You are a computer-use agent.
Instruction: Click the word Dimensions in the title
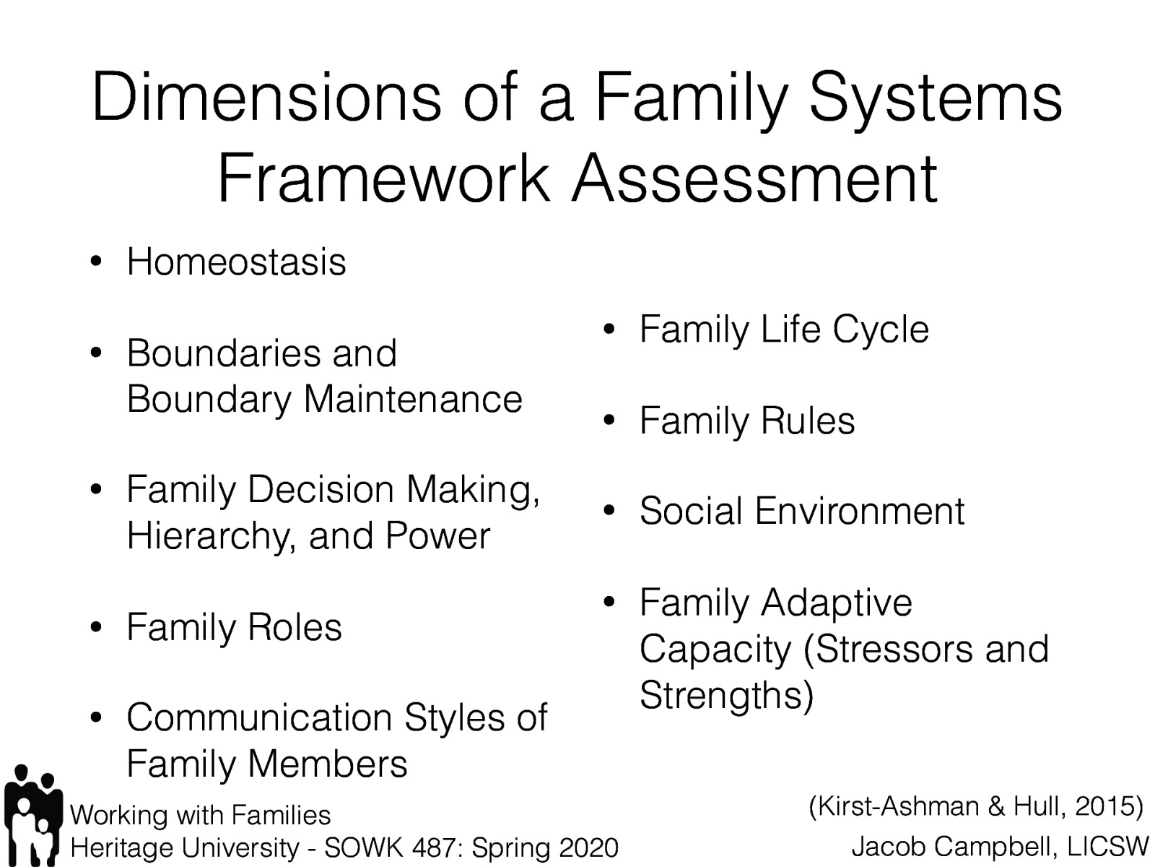[x=266, y=99]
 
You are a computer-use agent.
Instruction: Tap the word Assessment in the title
[x=754, y=178]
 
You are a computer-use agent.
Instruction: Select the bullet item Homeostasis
[x=236, y=262]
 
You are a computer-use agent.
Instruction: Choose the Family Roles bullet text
[x=234, y=627]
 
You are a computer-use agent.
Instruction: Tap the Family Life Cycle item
[x=783, y=330]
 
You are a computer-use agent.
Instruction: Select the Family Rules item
[x=746, y=421]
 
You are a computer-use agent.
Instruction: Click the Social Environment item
[x=801, y=512]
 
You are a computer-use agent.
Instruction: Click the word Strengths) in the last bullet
[x=726, y=695]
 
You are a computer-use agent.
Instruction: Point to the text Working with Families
[x=200, y=815]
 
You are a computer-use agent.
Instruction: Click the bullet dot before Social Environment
[x=609, y=512]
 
